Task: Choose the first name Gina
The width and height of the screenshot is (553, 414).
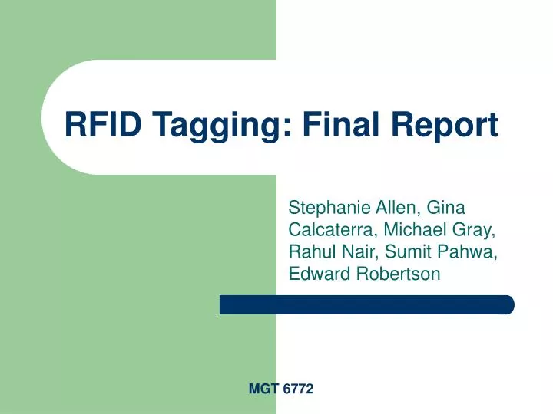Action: [445, 207]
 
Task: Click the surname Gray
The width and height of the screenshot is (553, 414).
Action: [475, 230]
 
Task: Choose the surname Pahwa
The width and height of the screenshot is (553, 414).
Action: [469, 251]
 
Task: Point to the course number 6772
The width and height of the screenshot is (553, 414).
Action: [298, 389]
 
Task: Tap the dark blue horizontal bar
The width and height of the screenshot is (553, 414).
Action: [366, 304]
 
